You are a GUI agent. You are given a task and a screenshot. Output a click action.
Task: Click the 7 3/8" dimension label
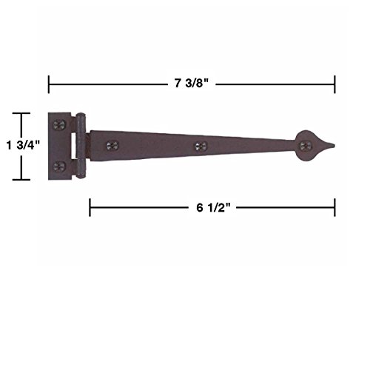[x=191, y=83]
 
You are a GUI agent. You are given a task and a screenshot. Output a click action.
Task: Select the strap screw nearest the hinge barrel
[x=112, y=146]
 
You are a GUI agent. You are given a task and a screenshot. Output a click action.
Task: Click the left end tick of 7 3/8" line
[x=49, y=83]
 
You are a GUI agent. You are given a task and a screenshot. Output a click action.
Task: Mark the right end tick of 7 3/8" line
[x=335, y=83]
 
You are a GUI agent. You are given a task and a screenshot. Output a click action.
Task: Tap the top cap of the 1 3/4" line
[x=20, y=114]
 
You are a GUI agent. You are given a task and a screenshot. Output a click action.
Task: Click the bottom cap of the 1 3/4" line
[x=20, y=180]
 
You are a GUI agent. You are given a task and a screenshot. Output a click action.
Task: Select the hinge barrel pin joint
[x=81, y=146]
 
